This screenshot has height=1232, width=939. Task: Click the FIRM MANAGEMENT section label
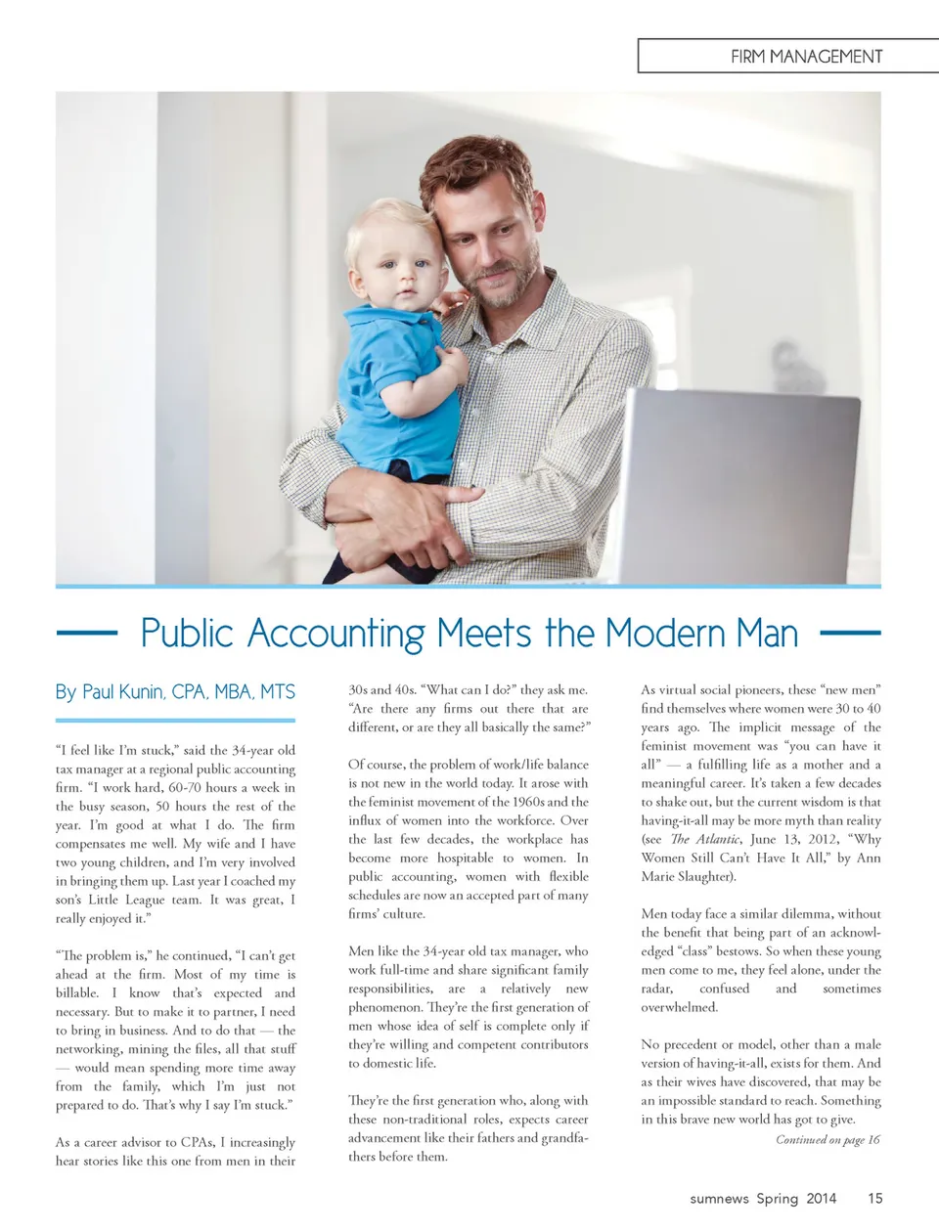[806, 57]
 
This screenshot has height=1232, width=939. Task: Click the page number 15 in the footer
[874, 1198]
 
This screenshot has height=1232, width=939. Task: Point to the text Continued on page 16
[827, 1139]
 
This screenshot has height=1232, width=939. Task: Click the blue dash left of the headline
[87, 633]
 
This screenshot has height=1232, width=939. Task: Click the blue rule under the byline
[175, 721]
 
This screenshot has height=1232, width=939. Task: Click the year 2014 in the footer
[821, 1199]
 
